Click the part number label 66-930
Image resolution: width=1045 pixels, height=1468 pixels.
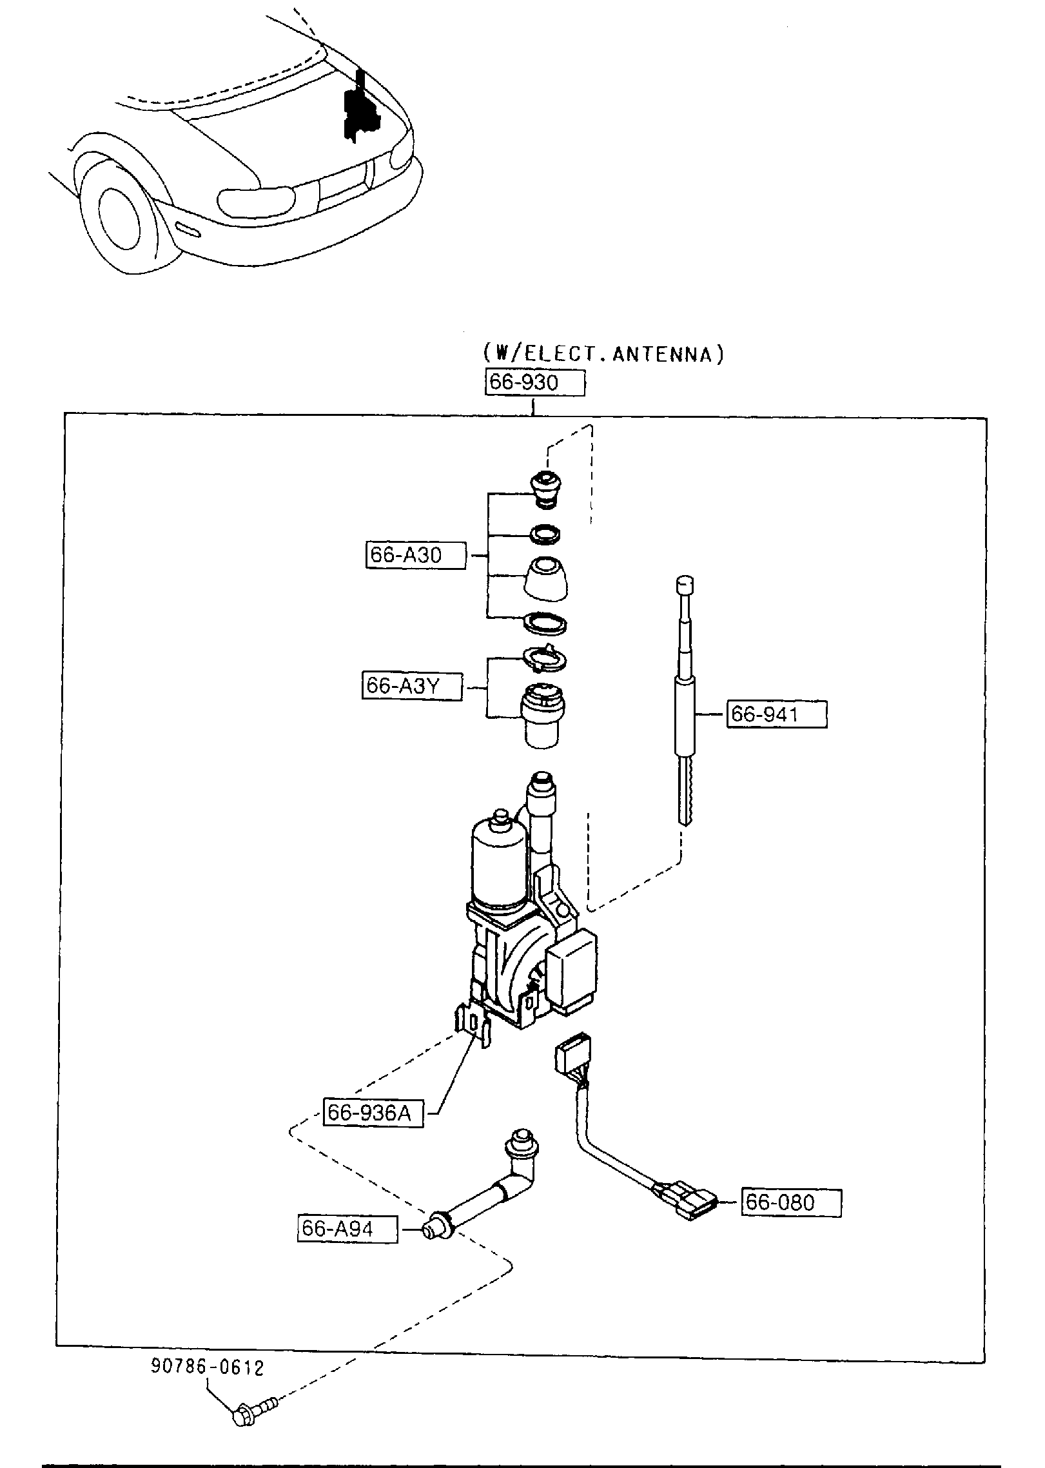coord(534,382)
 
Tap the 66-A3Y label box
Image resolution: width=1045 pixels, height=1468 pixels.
coord(412,687)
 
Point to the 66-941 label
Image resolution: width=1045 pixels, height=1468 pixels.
coord(776,714)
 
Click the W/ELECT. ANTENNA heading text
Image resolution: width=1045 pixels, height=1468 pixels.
coord(603,354)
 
